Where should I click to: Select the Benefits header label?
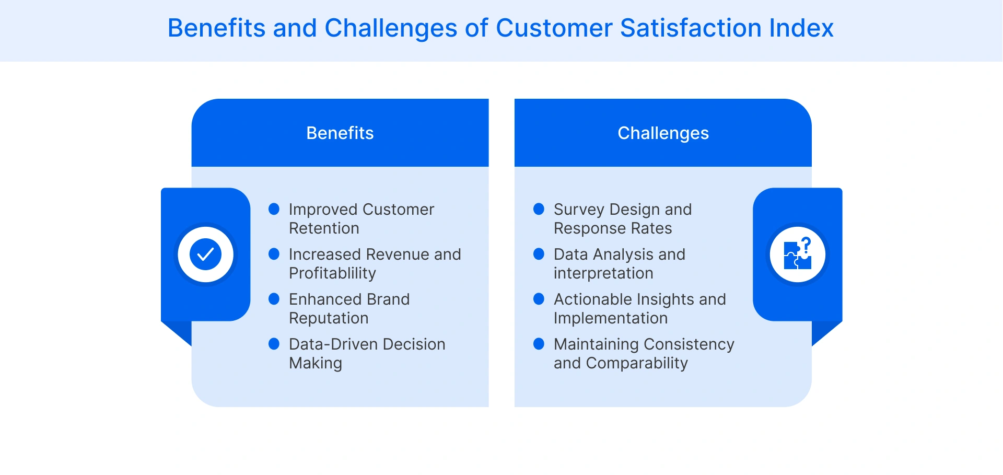point(340,133)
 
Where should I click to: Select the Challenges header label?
point(663,133)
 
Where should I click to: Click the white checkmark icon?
point(205,254)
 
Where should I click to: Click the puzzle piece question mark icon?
point(798,254)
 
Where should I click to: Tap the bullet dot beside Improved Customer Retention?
point(274,209)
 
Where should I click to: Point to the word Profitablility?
point(332,273)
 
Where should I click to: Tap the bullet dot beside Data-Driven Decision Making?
point(274,344)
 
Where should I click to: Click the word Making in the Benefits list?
point(316,363)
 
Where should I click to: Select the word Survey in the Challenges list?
point(579,210)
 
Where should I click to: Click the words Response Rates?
point(613,228)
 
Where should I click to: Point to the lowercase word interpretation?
point(603,273)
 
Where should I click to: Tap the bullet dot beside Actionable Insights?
point(539,299)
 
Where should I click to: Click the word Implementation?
point(611,318)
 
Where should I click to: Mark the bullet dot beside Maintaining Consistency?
point(539,344)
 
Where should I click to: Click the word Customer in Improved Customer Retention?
point(398,210)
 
